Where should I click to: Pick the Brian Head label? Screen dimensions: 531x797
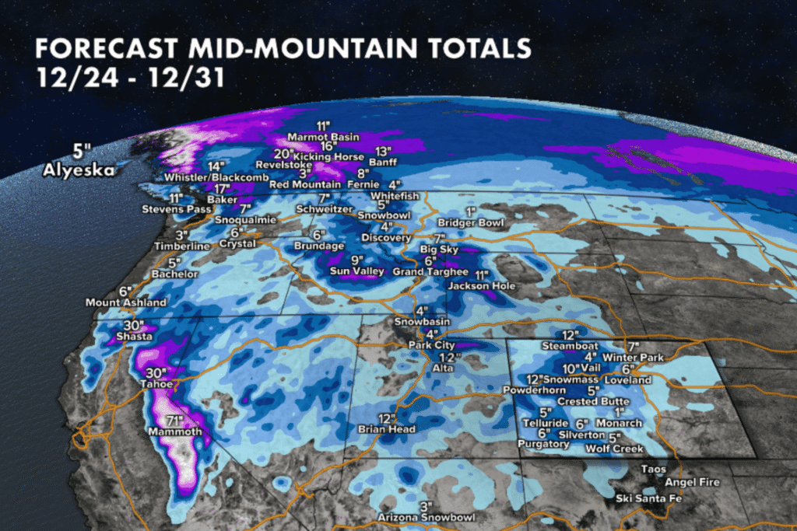pos(387,429)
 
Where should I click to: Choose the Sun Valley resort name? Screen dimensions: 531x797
pos(357,271)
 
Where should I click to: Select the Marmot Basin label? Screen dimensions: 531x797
pos(324,137)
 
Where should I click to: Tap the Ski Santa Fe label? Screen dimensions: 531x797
pos(643,498)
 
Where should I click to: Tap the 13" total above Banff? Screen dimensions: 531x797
pos(381,151)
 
